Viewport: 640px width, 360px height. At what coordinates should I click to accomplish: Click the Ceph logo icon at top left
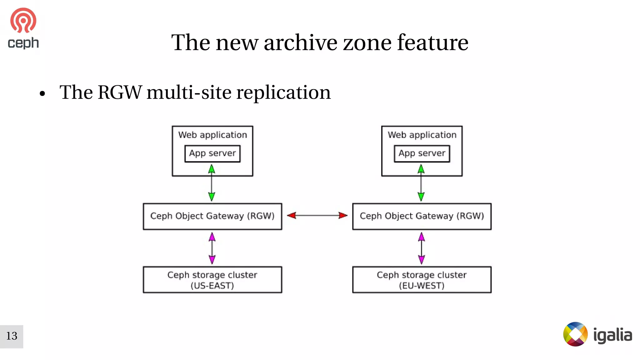(x=23, y=21)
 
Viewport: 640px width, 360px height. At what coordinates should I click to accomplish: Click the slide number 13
(x=12, y=336)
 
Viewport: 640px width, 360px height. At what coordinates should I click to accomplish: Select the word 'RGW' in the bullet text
(x=119, y=92)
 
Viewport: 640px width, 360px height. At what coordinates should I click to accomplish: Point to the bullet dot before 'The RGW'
(x=42, y=93)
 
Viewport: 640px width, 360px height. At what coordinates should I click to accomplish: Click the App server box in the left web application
(x=212, y=153)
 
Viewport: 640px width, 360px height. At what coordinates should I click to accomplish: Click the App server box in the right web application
(x=422, y=153)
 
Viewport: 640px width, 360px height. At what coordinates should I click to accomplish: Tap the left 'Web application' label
(x=212, y=135)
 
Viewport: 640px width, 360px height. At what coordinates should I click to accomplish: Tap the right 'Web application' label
(x=422, y=135)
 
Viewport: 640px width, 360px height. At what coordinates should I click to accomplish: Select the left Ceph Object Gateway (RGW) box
(x=212, y=216)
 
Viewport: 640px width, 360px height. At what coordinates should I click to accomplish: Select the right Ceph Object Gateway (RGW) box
(x=422, y=216)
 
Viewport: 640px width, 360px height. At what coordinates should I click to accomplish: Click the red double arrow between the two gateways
(x=317, y=215)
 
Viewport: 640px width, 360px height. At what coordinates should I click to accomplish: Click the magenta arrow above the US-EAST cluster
(x=212, y=248)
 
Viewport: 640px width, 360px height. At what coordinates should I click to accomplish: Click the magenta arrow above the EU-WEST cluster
(x=421, y=248)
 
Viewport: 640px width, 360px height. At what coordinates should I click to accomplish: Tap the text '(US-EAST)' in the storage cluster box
(x=212, y=286)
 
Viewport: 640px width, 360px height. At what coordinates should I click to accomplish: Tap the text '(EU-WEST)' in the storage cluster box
(x=422, y=286)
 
